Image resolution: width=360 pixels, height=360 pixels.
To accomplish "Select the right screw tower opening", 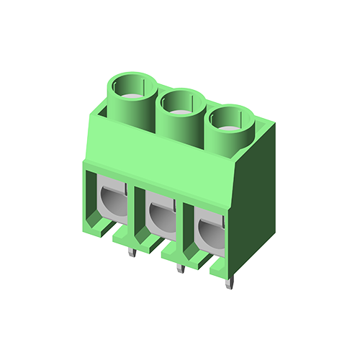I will pyautogui.click(x=231, y=117).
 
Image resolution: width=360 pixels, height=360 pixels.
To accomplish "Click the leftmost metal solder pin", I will pyautogui.click(x=131, y=251).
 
